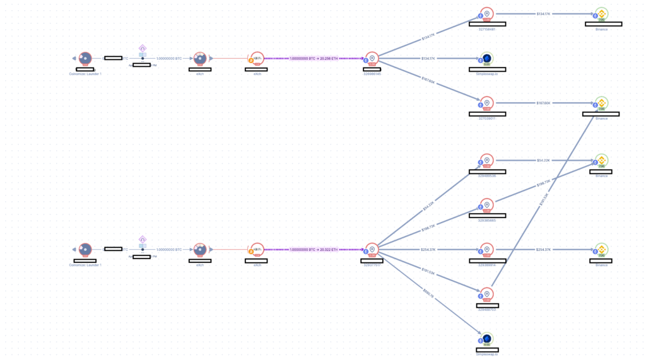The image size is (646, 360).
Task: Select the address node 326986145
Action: pos(372,59)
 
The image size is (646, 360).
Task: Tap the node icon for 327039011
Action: pos(486,103)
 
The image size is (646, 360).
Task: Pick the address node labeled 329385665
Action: pos(486,206)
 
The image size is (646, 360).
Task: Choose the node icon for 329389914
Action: pos(486,250)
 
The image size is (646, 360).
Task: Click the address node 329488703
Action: pos(486,294)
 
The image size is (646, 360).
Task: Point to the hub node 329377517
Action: pos(372,250)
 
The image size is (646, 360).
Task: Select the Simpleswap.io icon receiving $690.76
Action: pos(486,339)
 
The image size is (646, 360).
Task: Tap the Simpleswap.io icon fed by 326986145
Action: pos(486,59)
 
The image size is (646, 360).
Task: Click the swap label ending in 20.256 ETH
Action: pos(314,59)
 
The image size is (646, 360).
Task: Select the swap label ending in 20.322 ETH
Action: pos(314,250)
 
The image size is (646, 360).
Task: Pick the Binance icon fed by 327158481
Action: pos(601,14)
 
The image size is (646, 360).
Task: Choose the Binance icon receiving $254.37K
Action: pos(601,250)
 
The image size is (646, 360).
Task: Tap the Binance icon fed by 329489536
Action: pos(601,161)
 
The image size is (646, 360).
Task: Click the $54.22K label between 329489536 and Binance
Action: pos(544,161)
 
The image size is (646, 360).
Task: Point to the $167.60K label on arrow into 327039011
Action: pos(429,81)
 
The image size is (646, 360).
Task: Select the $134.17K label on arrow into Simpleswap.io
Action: pos(429,59)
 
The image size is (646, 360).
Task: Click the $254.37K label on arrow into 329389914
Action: pos(429,250)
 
